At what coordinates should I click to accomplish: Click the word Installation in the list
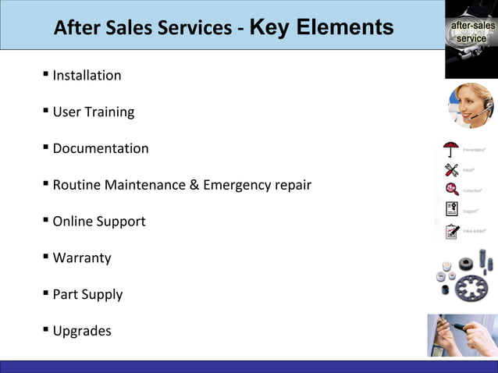[87, 76]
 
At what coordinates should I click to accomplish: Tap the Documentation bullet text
[101, 148]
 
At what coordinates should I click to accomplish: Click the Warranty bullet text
[82, 258]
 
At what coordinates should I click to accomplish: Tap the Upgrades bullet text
[82, 331]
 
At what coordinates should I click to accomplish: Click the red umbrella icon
[451, 149]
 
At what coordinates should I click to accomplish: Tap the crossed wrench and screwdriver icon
[451, 170]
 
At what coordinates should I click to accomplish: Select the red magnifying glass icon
[451, 190]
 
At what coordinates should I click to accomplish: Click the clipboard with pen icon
[451, 231]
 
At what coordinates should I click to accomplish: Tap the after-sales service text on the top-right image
[471, 33]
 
